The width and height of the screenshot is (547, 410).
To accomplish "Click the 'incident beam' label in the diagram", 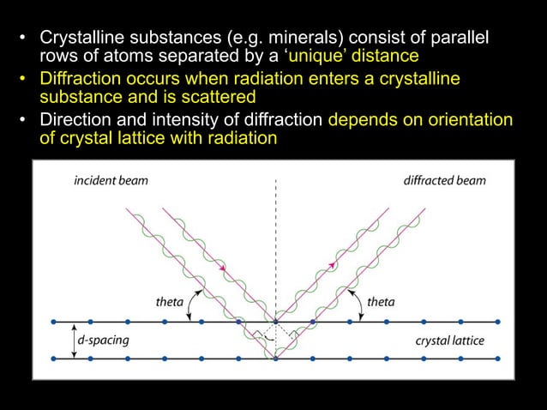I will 109,180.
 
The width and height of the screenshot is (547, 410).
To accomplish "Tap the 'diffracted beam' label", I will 444,180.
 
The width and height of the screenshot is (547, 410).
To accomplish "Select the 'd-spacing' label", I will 103,341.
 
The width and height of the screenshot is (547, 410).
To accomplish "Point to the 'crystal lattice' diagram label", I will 449,341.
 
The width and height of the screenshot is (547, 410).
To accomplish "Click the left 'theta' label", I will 168,301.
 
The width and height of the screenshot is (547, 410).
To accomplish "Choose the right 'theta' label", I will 381,301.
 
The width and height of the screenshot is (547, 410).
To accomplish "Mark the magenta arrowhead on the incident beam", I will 223,268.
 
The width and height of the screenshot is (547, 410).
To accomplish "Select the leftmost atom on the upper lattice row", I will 54,323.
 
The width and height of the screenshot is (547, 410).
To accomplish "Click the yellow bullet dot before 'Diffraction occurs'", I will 25,80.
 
